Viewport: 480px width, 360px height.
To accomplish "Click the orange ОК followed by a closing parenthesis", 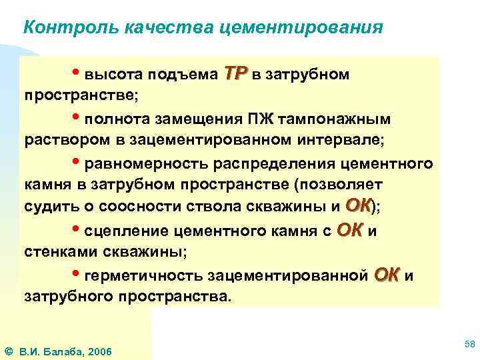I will (x=359, y=207).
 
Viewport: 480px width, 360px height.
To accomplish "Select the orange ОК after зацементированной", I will (x=387, y=275).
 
